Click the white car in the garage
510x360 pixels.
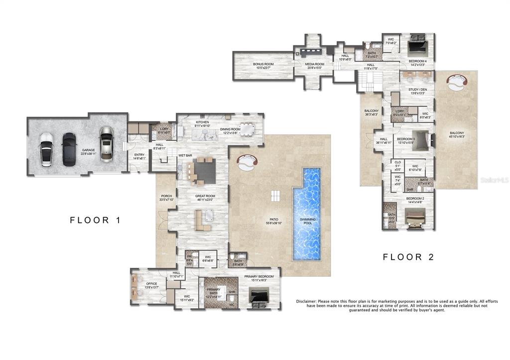tap(47, 149)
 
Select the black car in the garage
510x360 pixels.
tap(69, 149)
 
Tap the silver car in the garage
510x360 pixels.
tap(106, 144)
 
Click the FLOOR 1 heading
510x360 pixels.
tap(95, 220)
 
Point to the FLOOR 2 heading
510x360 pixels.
tap(408, 257)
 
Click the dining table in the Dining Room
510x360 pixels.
tap(247, 128)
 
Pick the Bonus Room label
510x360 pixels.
tap(263, 64)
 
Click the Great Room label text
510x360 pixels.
tap(205, 196)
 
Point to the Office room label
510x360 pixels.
tap(151, 284)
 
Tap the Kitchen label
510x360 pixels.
tap(202, 122)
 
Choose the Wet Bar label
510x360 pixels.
tap(185, 156)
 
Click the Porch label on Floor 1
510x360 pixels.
tap(166, 196)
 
